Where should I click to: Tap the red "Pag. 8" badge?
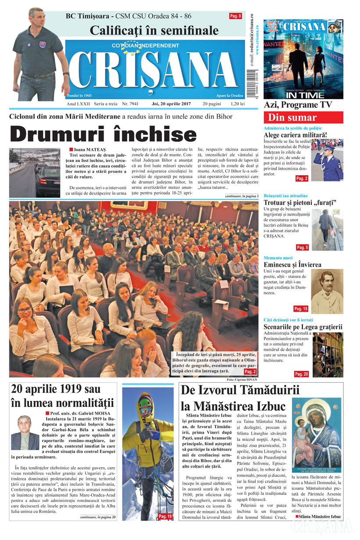[x=235, y=16]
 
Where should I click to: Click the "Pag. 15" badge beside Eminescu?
[x=301, y=309]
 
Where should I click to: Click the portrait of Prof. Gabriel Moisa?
[x=25, y=432]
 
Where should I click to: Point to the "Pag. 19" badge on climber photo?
[x=165, y=516]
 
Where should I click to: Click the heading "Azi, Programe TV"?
[x=298, y=105]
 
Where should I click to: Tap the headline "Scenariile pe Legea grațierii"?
[x=303, y=327]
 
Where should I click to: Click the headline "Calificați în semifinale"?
[x=154, y=30]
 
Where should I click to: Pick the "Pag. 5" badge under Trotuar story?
[x=302, y=248]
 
